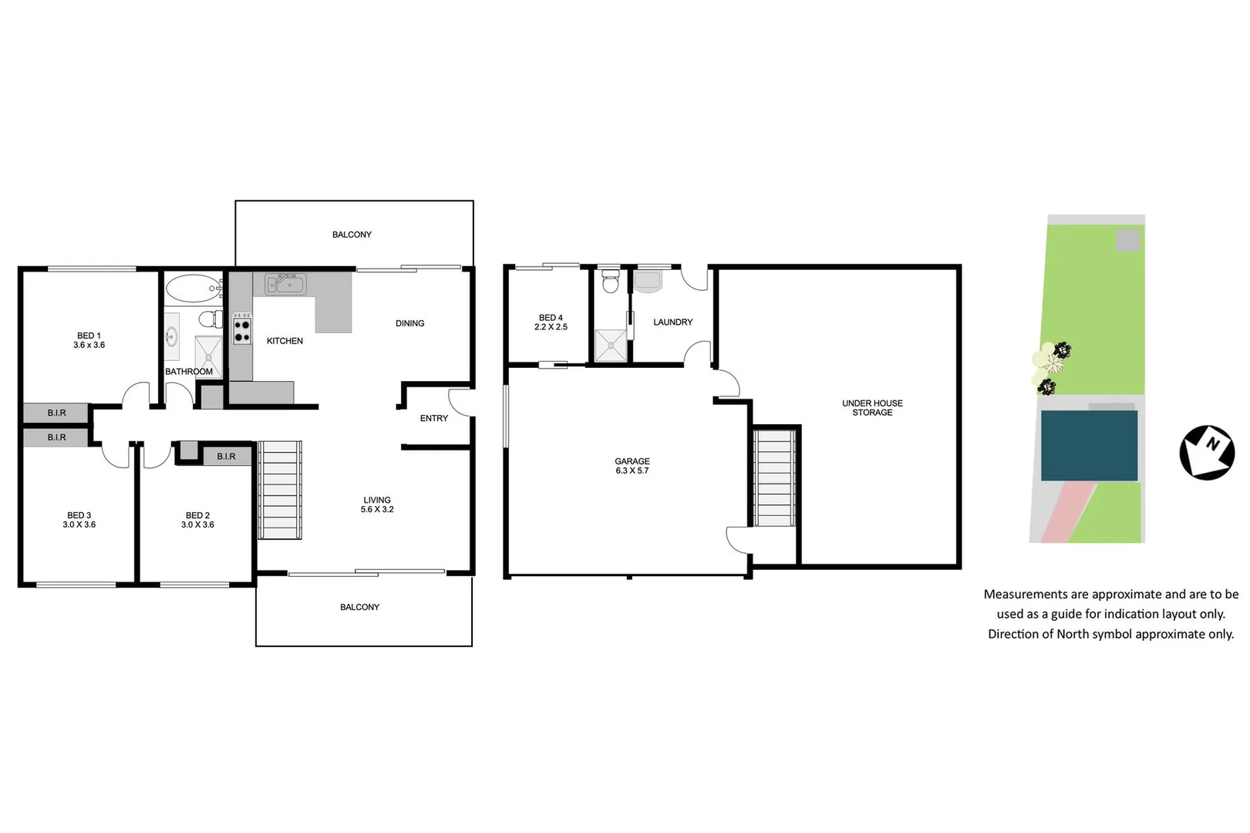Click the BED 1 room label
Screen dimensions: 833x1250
tap(89, 340)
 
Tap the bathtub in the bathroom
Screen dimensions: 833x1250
tap(192, 288)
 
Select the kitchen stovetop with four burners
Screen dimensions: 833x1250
tap(242, 329)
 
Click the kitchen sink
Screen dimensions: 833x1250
tap(285, 285)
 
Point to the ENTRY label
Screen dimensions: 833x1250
tap(434, 418)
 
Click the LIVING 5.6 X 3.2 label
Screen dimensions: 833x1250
tap(377, 504)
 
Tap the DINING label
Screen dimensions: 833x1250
tap(409, 323)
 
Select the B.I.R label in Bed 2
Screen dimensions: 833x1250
tap(226, 457)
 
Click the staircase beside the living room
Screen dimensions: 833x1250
tap(279, 490)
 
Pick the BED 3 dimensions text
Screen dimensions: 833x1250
tap(79, 524)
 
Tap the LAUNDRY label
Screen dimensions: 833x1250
tap(672, 322)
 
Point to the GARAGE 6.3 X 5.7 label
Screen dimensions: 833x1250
tap(632, 466)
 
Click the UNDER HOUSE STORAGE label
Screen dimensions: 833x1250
tap(872, 408)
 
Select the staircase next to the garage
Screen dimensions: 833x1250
tap(774, 478)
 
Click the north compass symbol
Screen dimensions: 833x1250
tap(1207, 452)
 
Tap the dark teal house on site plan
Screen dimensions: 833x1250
tap(1089, 446)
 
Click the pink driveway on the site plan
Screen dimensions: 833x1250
tap(1066, 512)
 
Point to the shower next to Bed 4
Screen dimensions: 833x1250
tap(611, 346)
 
